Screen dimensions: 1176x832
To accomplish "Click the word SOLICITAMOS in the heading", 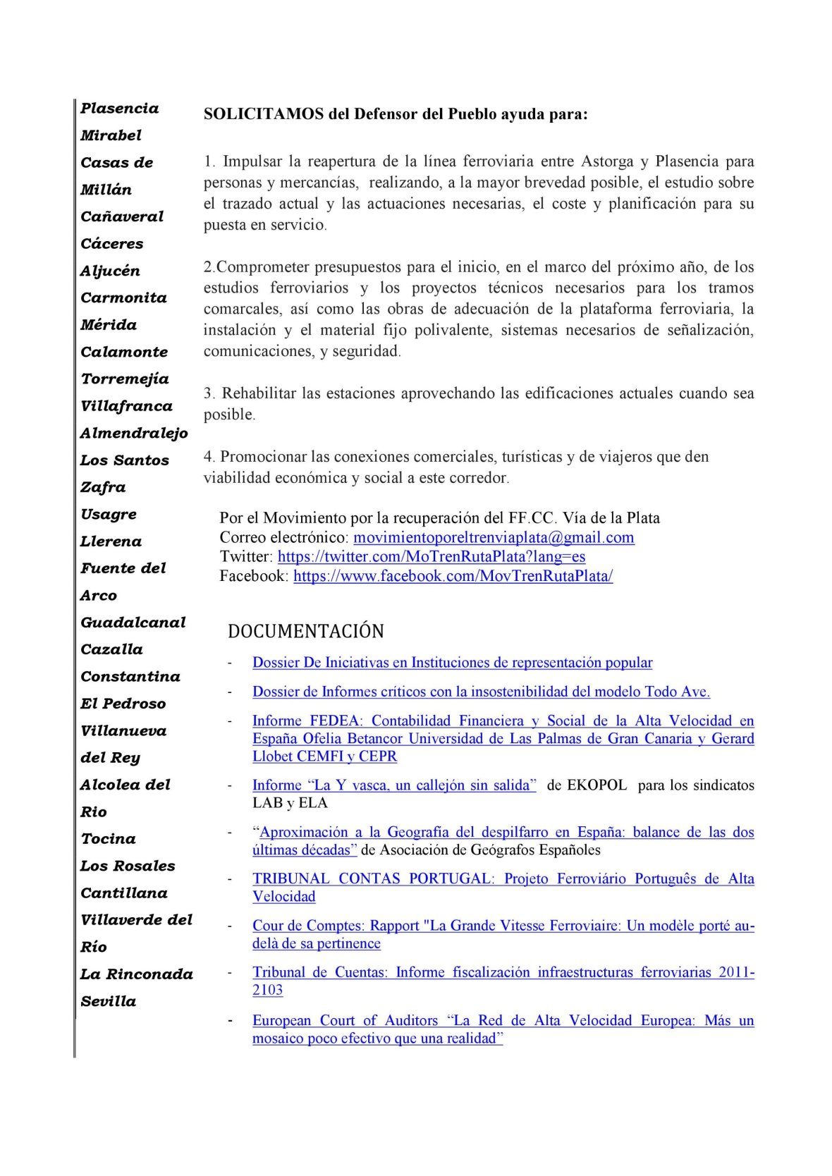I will pyautogui.click(x=264, y=114).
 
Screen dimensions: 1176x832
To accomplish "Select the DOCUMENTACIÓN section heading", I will pyautogui.click(x=306, y=631).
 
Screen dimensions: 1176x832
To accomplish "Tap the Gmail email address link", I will pyautogui.click(x=494, y=537).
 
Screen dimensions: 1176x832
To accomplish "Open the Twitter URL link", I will pyautogui.click(x=432, y=556).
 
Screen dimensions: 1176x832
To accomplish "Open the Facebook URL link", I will pyautogui.click(x=453, y=576).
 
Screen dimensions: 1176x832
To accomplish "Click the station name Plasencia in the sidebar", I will pyautogui.click(x=119, y=109).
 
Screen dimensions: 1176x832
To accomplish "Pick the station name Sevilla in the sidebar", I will pyautogui.click(x=109, y=1001).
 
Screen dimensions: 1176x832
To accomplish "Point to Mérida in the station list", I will pyautogui.click(x=109, y=325).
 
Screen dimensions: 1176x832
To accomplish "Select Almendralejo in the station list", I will pyautogui.click(x=134, y=433).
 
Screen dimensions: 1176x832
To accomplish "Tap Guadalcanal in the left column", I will pyautogui.click(x=133, y=623).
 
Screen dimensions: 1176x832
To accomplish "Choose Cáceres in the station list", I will pyautogui.click(x=112, y=244).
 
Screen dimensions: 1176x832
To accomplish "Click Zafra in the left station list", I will pyautogui.click(x=103, y=487).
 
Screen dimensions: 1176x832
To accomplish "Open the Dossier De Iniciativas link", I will pyautogui.click(x=452, y=663).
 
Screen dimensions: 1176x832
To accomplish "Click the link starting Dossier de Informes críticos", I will pyautogui.click(x=481, y=692).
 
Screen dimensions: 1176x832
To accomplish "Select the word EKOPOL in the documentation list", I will pyautogui.click(x=587, y=785).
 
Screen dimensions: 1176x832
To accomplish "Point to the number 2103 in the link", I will pyautogui.click(x=268, y=990).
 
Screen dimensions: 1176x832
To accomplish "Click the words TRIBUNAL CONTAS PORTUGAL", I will pyautogui.click(x=372, y=878).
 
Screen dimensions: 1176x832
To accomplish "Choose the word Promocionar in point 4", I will pyautogui.click(x=264, y=457).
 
